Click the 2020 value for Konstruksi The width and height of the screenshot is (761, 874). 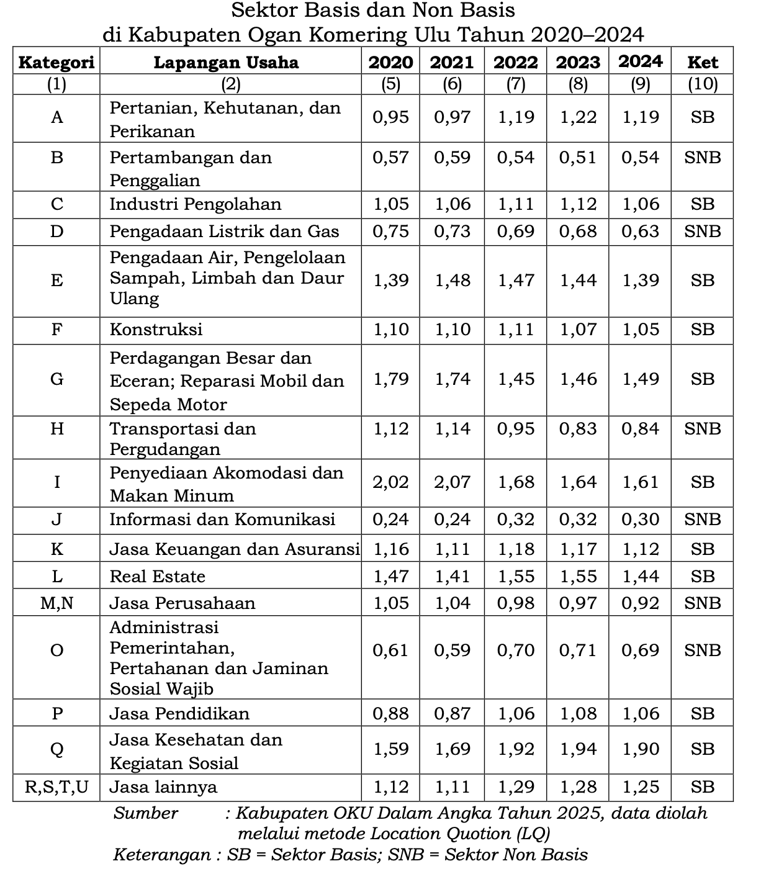coord(391,330)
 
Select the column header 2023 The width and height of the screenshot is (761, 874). coord(578,62)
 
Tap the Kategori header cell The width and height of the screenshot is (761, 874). coord(56,62)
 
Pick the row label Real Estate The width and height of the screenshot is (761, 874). coord(157,576)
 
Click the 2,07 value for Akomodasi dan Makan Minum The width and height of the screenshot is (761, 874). coord(453,482)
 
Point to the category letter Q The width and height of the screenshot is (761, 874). coord(56,749)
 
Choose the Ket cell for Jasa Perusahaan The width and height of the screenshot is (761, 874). coord(703,603)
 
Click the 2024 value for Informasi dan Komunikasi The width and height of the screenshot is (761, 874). coord(641,520)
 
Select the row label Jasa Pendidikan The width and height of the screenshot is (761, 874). coord(179,713)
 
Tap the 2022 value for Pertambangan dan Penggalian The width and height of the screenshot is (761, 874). coord(516,157)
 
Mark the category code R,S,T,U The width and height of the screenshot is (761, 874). coord(56,787)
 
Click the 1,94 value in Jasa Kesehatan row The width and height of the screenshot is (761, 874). coord(578,749)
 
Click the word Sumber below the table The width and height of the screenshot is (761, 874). coord(146,813)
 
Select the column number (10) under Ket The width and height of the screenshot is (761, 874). coord(703,84)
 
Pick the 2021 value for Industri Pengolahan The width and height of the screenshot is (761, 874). coord(453,204)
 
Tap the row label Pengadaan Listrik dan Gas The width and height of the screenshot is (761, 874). coord(224,232)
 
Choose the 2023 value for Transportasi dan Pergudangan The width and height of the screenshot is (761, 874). coord(578,428)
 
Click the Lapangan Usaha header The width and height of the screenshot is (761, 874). coord(226,62)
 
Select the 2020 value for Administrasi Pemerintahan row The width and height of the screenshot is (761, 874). coord(391,650)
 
